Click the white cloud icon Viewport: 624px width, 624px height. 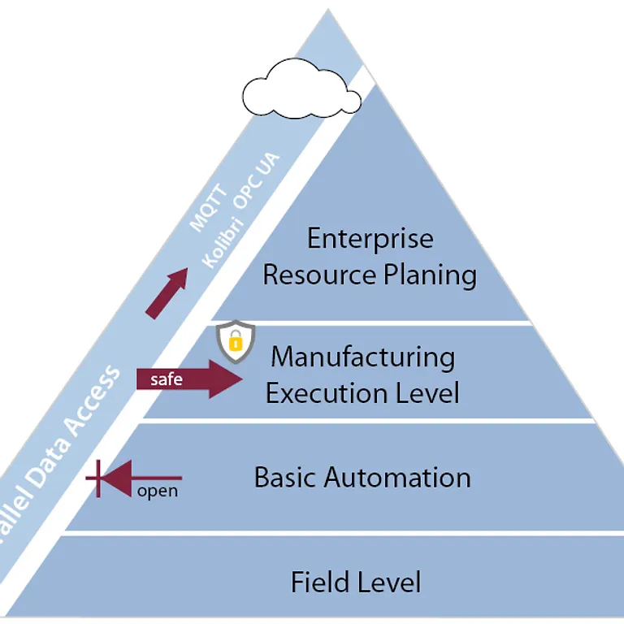(x=301, y=89)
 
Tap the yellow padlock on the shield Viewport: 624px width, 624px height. (x=236, y=340)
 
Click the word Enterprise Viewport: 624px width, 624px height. (x=370, y=239)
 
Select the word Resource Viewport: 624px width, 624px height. (x=319, y=275)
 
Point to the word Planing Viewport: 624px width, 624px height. (x=430, y=276)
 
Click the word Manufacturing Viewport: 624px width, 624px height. (x=362, y=357)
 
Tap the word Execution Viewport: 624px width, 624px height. (x=326, y=393)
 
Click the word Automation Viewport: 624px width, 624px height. (x=397, y=477)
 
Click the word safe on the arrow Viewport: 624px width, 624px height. (x=167, y=379)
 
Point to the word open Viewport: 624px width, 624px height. (x=158, y=492)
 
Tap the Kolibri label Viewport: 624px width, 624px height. (x=223, y=243)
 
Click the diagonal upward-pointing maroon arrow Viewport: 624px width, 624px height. (x=167, y=292)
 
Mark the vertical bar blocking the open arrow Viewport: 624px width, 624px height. (x=98, y=479)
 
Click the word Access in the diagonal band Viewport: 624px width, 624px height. (x=93, y=403)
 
